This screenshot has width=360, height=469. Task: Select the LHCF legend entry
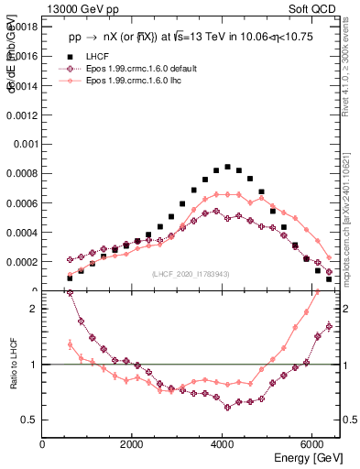[95, 57]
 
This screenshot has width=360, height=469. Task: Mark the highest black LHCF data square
[227, 167]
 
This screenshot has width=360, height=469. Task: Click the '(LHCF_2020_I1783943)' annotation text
[190, 274]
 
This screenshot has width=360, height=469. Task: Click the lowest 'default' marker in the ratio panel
[227, 407]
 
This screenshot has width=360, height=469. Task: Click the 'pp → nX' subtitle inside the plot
[101, 38]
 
